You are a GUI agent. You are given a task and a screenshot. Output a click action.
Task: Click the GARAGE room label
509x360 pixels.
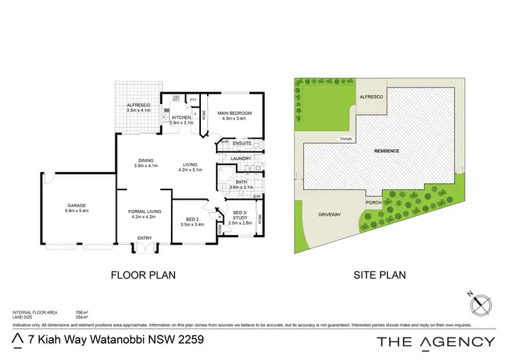tap(77, 206)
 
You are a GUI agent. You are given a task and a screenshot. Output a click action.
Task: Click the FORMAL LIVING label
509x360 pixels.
tap(143, 214)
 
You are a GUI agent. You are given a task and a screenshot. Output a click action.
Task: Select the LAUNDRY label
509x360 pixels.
tap(241, 158)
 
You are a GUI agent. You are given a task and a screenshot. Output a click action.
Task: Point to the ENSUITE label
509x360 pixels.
tap(242, 143)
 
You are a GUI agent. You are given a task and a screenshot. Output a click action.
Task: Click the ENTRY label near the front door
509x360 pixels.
tap(145, 238)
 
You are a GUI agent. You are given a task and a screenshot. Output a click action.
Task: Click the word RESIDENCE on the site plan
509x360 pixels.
tap(385, 151)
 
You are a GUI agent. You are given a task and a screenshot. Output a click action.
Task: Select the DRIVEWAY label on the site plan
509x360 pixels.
tap(329, 215)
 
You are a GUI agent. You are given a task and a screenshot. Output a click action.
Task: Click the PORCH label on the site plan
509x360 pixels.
tap(373, 201)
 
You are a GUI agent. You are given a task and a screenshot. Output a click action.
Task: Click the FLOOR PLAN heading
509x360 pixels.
tap(143, 275)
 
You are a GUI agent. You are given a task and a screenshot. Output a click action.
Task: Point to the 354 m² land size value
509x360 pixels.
tap(82, 317)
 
